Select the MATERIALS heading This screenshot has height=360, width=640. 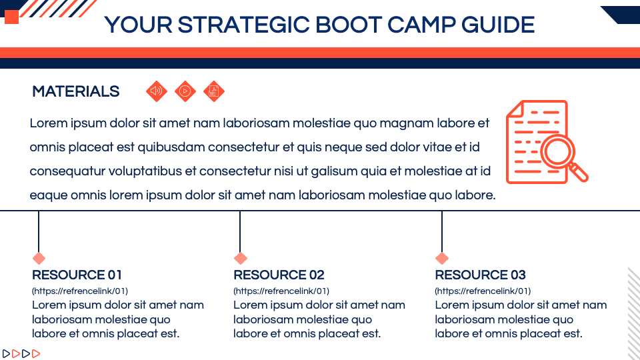[x=76, y=92]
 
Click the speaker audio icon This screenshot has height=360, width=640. [x=157, y=91]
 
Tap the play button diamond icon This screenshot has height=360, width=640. [x=185, y=91]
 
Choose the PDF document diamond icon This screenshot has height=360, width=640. [x=214, y=91]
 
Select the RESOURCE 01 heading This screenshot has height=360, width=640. [x=77, y=275]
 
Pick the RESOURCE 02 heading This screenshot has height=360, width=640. [x=279, y=275]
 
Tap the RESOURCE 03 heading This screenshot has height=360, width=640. [x=480, y=275]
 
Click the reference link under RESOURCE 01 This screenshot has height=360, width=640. [x=80, y=291]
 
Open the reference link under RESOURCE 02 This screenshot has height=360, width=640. [x=281, y=291]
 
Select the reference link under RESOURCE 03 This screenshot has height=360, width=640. [x=483, y=291]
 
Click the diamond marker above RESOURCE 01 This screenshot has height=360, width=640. [x=39, y=258]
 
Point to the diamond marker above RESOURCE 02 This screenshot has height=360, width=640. [x=240, y=258]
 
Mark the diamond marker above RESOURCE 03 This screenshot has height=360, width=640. [x=441, y=258]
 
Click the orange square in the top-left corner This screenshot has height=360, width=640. [x=11, y=17]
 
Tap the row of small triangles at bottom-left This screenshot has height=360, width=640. [x=21, y=353]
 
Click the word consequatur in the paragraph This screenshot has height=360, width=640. [x=69, y=171]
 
